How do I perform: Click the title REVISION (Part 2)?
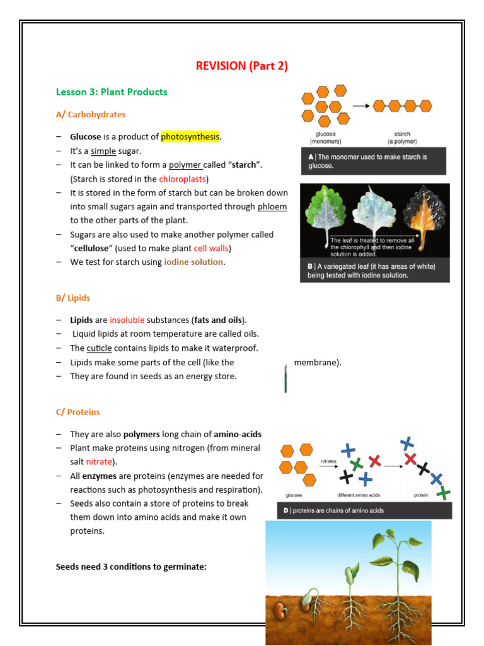point(242,66)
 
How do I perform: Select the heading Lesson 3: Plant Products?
point(112,92)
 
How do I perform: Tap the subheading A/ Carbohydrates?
point(91,115)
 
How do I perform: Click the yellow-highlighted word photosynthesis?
point(190,137)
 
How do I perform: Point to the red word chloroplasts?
point(183,179)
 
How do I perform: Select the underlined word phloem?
point(272,206)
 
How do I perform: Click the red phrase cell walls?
point(211,248)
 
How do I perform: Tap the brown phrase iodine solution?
point(193,262)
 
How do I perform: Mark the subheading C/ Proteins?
point(78,412)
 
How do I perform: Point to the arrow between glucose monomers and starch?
point(361,106)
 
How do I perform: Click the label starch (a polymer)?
point(402,138)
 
